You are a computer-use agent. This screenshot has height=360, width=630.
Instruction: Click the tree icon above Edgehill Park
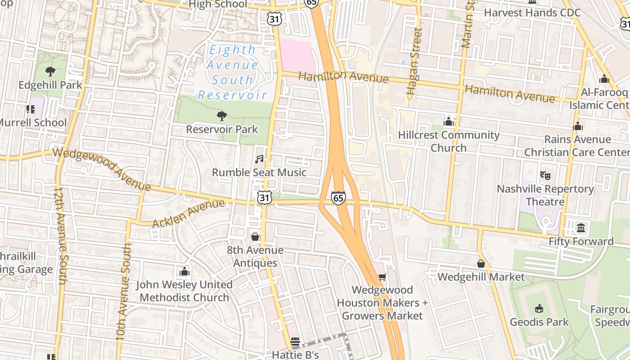(50, 71)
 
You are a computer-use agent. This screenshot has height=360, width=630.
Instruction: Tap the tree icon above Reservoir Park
(221, 116)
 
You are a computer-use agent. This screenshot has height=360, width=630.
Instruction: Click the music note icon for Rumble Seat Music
(259, 159)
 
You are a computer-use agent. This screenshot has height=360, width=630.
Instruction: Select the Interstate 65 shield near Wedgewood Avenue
(338, 198)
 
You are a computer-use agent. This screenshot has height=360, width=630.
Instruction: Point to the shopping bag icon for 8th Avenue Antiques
(255, 236)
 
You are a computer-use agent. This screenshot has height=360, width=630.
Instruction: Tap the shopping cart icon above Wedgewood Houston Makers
(382, 277)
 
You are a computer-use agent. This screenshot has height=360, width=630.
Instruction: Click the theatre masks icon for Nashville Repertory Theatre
(545, 175)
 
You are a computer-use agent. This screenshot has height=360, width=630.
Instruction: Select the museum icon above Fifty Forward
(580, 228)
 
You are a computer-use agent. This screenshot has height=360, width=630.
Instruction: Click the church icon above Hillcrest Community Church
(448, 121)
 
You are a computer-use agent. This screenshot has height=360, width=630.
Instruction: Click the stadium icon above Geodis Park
(539, 308)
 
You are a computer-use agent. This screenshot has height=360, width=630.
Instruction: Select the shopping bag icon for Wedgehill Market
(481, 263)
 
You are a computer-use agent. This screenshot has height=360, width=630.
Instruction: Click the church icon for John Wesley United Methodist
(184, 271)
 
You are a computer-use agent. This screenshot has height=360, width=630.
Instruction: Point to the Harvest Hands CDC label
(532, 12)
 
